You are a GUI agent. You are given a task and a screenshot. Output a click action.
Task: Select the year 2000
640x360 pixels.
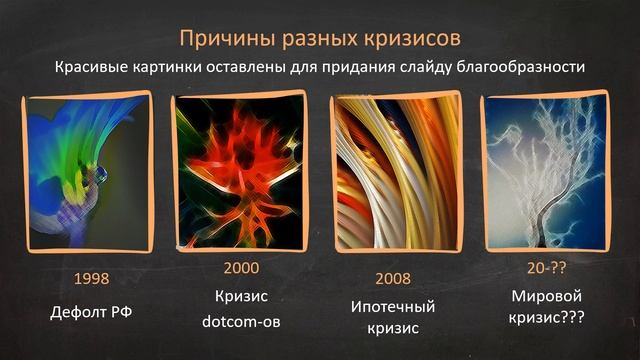pyautogui.click(x=241, y=269)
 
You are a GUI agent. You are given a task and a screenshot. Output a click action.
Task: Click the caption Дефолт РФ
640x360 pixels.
pyautogui.click(x=92, y=312)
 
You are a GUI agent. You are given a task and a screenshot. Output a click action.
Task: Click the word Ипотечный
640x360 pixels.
pyautogui.click(x=393, y=304)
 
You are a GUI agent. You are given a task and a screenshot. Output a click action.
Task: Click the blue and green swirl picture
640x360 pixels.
pyautogui.click(x=90, y=175)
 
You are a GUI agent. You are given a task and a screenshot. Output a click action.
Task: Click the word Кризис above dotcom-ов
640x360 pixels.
pyautogui.click(x=241, y=297)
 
